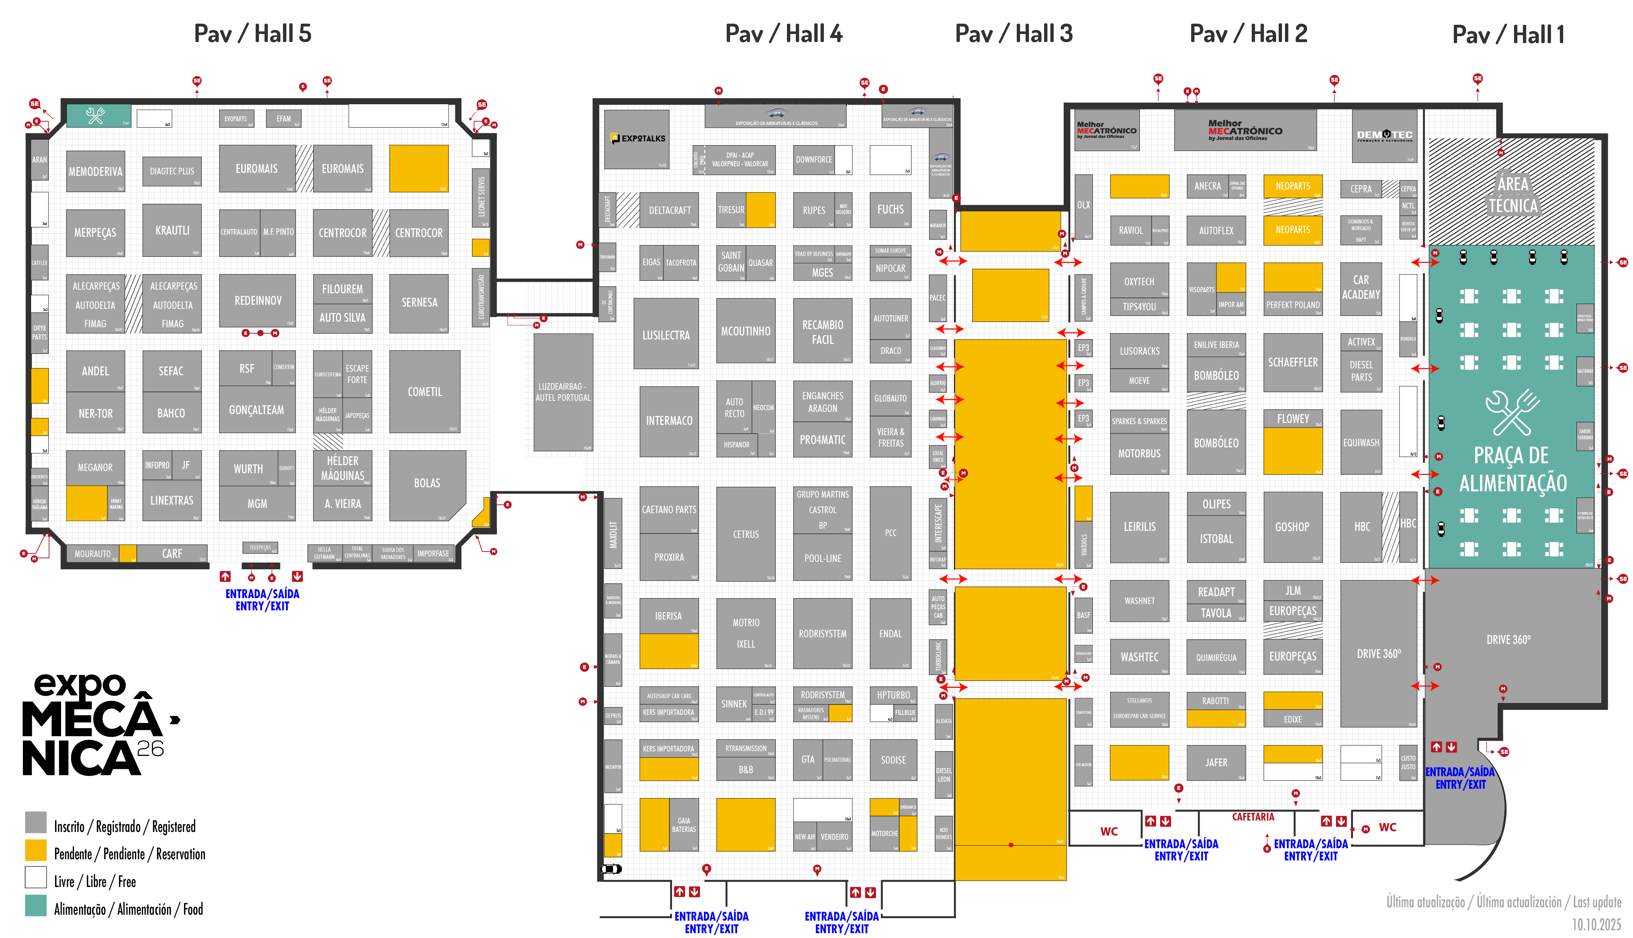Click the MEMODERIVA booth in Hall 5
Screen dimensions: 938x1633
pyautogui.click(x=95, y=171)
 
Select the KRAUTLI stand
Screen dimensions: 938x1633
pyautogui.click(x=172, y=230)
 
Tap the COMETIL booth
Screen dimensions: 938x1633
pyautogui.click(x=425, y=392)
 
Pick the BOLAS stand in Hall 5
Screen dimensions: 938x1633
pyautogui.click(x=426, y=483)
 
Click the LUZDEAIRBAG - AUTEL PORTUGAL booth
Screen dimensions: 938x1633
pyautogui.click(x=563, y=392)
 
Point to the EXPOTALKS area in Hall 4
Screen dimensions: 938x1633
pyautogui.click(x=637, y=139)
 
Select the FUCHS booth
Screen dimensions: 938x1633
pyautogui.click(x=890, y=209)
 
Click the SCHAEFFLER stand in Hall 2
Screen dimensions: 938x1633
pyautogui.click(x=1292, y=362)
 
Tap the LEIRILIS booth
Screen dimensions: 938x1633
pyautogui.click(x=1139, y=526)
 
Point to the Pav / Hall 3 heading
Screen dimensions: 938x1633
pyautogui.click(x=1013, y=34)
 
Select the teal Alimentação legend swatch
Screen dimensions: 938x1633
pyautogui.click(x=36, y=905)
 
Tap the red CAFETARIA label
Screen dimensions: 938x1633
pyautogui.click(x=1252, y=817)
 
